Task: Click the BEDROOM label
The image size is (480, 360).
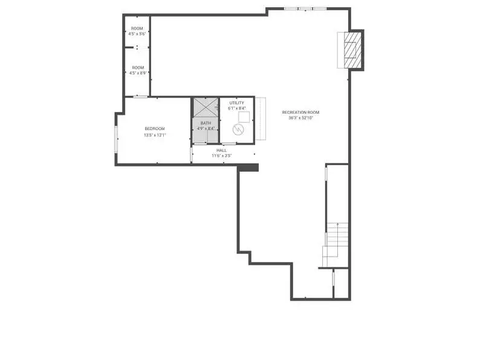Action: (155, 129)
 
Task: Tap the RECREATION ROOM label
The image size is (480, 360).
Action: (300, 113)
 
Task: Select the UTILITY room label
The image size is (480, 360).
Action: (237, 103)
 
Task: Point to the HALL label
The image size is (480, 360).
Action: (222, 151)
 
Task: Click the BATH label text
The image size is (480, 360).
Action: (206, 123)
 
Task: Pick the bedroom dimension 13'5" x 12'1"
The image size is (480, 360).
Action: (155, 135)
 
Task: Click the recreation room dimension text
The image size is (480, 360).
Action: (300, 118)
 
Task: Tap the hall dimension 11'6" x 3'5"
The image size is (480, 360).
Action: (222, 155)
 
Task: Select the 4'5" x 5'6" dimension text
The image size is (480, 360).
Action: (137, 34)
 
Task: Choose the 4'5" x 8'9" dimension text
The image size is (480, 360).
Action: (138, 73)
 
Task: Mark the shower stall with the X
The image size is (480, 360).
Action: (206, 108)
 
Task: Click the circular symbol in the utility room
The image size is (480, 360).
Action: (238, 129)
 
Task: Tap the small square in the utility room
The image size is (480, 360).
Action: (244, 117)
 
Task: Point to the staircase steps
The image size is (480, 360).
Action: (336, 245)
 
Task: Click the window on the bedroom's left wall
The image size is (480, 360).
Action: (116, 139)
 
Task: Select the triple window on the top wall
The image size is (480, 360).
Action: (305, 9)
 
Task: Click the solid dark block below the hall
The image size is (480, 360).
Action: (248, 168)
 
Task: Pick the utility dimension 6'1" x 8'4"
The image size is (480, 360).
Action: (237, 108)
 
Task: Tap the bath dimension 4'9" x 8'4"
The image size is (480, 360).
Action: (206, 129)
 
